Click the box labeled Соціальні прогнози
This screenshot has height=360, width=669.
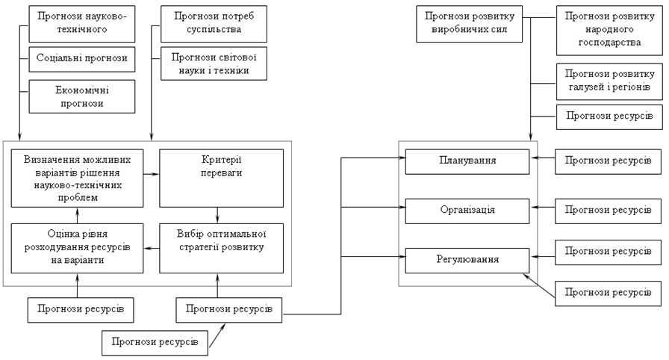pos(82,58)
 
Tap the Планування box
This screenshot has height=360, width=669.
pos(468,161)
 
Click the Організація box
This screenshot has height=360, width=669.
pos(468,210)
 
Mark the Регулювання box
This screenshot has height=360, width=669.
pos(468,260)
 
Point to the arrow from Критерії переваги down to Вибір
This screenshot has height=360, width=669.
pos(217,213)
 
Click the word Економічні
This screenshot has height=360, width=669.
pos(82,90)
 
